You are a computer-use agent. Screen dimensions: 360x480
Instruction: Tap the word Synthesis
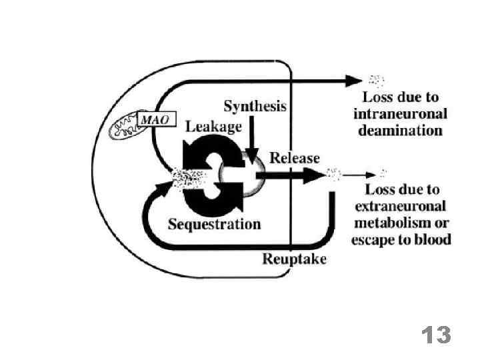pyautogui.click(x=255, y=106)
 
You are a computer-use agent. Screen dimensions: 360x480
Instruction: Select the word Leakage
pyautogui.click(x=213, y=126)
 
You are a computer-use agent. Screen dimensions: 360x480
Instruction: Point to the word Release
pyautogui.click(x=294, y=158)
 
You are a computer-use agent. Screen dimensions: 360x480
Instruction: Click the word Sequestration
pyautogui.click(x=214, y=224)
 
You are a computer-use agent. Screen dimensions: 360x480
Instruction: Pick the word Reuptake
pyautogui.click(x=295, y=259)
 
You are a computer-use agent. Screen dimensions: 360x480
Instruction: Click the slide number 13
pyautogui.click(x=436, y=335)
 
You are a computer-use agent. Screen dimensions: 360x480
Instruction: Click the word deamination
pyautogui.click(x=400, y=131)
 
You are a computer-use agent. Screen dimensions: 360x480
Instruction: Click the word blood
pyautogui.click(x=434, y=239)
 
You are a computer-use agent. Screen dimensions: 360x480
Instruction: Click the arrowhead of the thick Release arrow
pyautogui.click(x=313, y=175)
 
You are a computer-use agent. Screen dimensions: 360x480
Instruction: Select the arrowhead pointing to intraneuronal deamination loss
pyautogui.click(x=353, y=81)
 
